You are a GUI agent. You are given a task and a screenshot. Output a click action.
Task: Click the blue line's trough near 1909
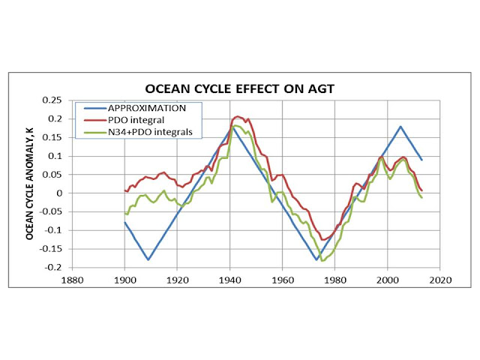(x=148, y=259)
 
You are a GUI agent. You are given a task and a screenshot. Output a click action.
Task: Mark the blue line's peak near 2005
(x=400, y=127)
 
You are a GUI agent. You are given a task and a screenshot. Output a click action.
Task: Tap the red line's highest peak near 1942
(x=238, y=116)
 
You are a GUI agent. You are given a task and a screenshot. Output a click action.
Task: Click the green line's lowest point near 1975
(x=322, y=260)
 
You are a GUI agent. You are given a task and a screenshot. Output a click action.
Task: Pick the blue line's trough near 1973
(x=316, y=259)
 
